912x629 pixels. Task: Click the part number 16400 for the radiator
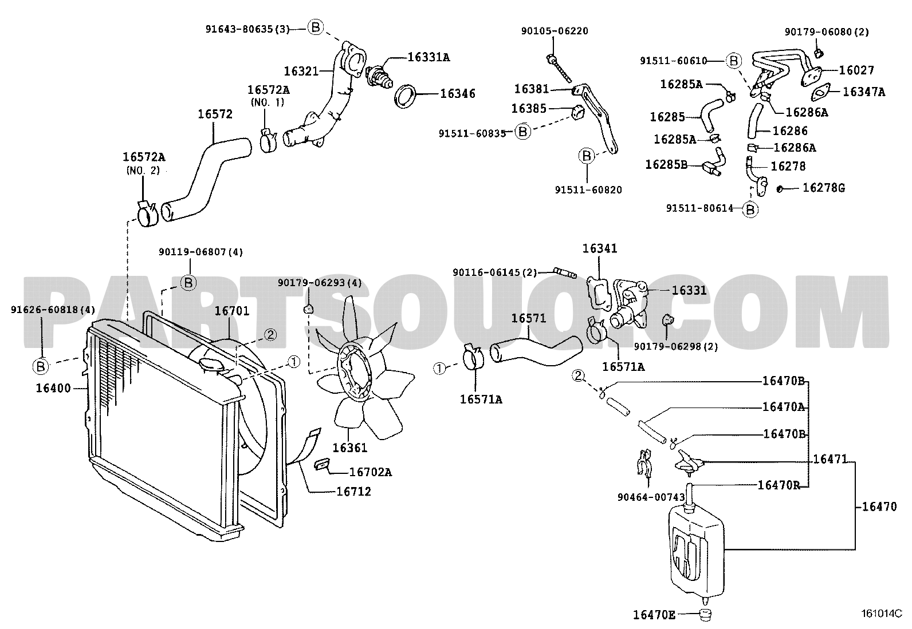coord(53,389)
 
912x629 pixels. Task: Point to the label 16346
coord(457,94)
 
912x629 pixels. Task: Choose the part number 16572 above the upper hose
coord(215,114)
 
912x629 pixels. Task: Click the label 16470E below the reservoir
coord(654,615)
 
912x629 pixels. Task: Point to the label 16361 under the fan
coord(349,448)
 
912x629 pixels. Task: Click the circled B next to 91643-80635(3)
coord(316,27)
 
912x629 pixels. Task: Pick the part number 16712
coord(353,491)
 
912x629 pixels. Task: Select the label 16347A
coord(864,92)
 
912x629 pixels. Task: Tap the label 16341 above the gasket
coord(600,249)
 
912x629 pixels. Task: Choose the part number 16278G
coord(823,188)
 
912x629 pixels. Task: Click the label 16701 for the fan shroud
coord(231,311)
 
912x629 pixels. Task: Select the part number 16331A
coord(429,57)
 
